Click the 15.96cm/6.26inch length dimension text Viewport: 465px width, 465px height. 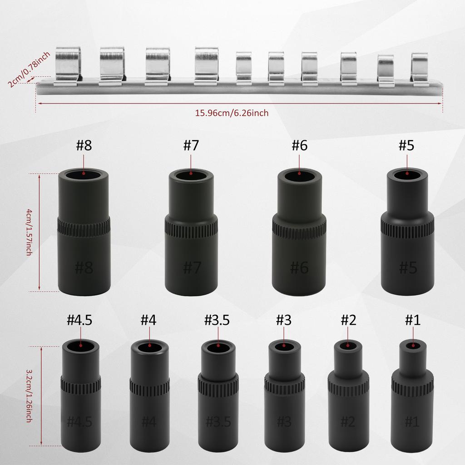click(x=232, y=113)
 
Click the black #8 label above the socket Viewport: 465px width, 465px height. click(x=84, y=146)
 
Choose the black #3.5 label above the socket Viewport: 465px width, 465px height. click(x=217, y=320)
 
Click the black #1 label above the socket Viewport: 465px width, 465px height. click(x=412, y=320)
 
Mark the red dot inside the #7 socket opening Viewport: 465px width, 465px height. click(x=191, y=173)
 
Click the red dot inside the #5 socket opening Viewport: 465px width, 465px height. click(x=407, y=172)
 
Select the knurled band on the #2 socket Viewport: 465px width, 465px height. click(x=348, y=388)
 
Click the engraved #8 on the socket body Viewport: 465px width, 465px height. click(x=84, y=267)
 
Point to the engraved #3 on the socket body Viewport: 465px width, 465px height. click(x=284, y=421)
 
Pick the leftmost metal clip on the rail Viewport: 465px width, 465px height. click(x=68, y=66)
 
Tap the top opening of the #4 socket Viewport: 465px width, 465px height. click(x=149, y=348)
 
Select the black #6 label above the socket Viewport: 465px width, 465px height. click(x=299, y=146)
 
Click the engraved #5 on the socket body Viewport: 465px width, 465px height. click(x=407, y=267)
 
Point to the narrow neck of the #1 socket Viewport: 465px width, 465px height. click(x=412, y=359)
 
